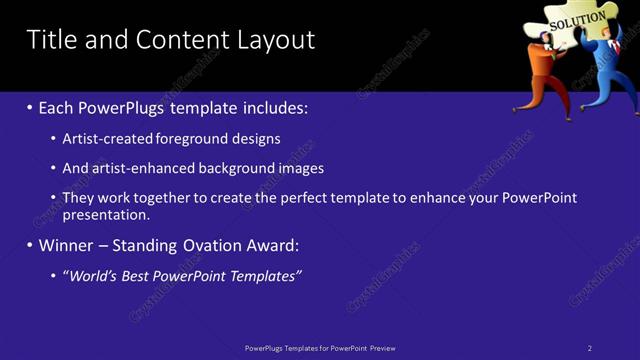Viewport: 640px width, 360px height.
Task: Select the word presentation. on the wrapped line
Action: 106,214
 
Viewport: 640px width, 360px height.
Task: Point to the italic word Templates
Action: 265,275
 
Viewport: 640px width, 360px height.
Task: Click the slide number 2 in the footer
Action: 590,348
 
